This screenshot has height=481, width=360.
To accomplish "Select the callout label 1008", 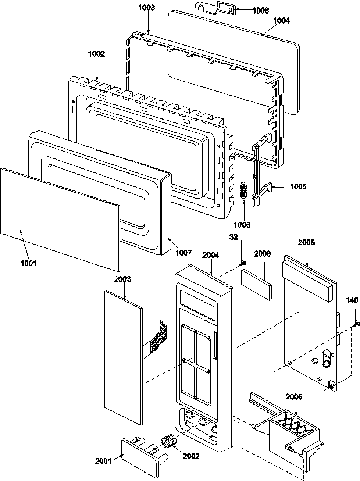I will [x=260, y=11].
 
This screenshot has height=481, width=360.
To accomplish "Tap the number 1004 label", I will [x=281, y=21].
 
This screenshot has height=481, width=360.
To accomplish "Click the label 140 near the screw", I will [x=352, y=300].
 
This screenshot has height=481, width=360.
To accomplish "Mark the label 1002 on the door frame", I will [x=96, y=54].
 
